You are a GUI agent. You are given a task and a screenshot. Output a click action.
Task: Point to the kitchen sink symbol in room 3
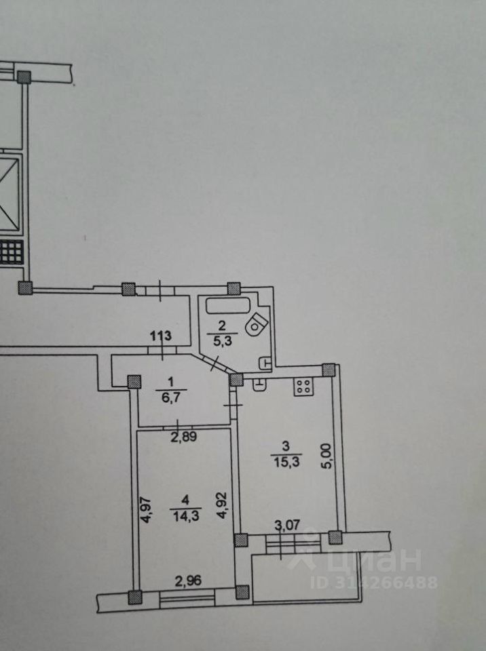tap(260, 384)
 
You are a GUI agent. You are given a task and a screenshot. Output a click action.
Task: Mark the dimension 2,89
tap(184, 437)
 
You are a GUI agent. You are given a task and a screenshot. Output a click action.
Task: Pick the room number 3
tap(286, 446)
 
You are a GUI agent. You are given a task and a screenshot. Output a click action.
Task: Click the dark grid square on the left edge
tap(12, 254)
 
